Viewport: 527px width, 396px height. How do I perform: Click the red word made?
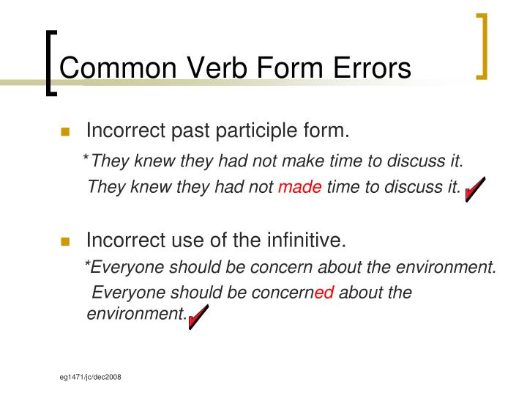click(300, 187)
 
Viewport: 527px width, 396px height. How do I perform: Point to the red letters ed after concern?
click(324, 293)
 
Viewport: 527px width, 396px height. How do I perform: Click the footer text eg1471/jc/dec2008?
click(91, 376)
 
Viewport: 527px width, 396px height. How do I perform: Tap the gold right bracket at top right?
click(482, 45)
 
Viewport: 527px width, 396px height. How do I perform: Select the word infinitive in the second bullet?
click(308, 241)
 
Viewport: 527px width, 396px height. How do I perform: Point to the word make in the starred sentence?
click(287, 161)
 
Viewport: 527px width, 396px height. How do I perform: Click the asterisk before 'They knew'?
click(86, 159)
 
